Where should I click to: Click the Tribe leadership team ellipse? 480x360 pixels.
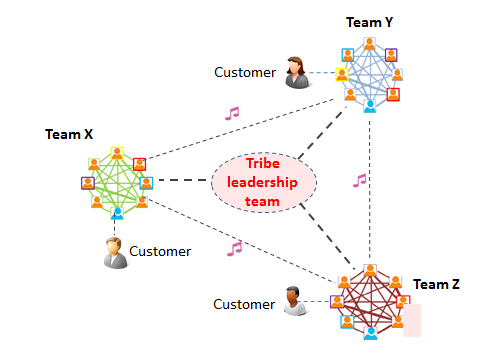tap(263, 182)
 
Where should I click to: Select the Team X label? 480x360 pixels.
tap(69, 133)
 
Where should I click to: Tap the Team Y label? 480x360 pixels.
tap(369, 21)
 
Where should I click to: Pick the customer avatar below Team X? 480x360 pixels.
tap(115, 252)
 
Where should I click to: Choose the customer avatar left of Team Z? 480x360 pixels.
tap(293, 302)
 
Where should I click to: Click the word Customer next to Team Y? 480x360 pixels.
tap(245, 72)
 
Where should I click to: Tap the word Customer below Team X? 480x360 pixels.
tap(160, 252)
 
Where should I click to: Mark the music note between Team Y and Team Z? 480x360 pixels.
tap(360, 181)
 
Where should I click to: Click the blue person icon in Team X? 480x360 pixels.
tap(117, 213)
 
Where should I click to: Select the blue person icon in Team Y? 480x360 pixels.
tap(369, 104)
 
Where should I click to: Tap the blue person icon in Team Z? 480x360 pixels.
tap(371, 332)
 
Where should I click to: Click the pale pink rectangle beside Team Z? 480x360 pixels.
tap(412, 319)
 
